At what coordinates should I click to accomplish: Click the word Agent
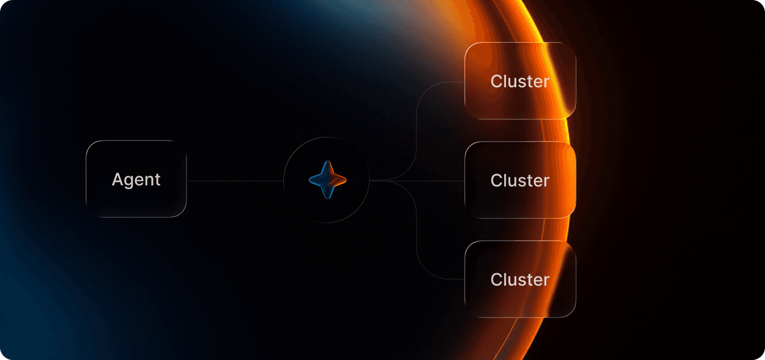pyautogui.click(x=136, y=180)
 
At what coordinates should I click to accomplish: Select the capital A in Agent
pyautogui.click(x=117, y=179)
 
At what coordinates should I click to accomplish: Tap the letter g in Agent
pyautogui.click(x=129, y=182)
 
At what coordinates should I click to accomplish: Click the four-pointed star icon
pyautogui.click(x=328, y=179)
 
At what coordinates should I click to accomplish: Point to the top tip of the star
pyautogui.click(x=328, y=161)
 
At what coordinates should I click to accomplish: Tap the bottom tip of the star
pyautogui.click(x=328, y=198)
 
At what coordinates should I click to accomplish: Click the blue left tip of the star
pyautogui.click(x=310, y=179)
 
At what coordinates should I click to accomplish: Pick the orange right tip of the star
pyautogui.click(x=346, y=179)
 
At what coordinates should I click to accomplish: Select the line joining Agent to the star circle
pyautogui.click(x=235, y=181)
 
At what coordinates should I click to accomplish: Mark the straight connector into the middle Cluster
pyautogui.click(x=417, y=181)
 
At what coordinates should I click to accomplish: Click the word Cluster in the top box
pyautogui.click(x=520, y=81)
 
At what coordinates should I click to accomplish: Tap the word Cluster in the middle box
pyautogui.click(x=520, y=181)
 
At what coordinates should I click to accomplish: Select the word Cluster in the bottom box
pyautogui.click(x=520, y=279)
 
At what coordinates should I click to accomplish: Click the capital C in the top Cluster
pyautogui.click(x=497, y=81)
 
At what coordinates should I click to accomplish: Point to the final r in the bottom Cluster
pyautogui.click(x=546, y=281)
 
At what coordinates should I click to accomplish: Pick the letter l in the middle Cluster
pyautogui.click(x=507, y=181)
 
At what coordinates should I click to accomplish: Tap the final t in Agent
pyautogui.click(x=157, y=181)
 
